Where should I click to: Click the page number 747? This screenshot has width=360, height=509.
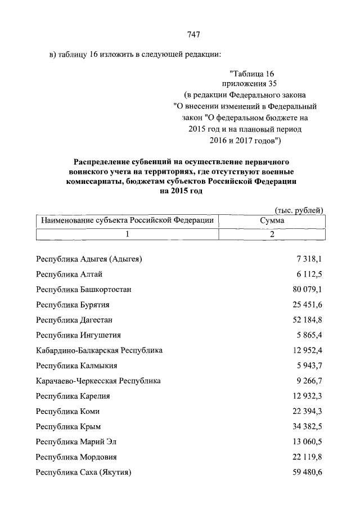click(x=193, y=35)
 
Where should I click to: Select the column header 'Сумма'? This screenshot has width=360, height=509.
click(x=272, y=221)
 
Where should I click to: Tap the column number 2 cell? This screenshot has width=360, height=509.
click(x=272, y=235)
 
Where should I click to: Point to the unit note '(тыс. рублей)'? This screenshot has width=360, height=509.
click(x=298, y=210)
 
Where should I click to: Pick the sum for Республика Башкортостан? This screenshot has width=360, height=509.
click(x=307, y=289)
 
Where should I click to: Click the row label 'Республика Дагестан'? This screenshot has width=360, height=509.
click(x=74, y=319)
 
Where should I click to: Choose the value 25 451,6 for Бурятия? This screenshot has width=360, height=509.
click(x=307, y=304)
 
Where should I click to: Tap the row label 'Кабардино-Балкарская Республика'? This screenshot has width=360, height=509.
click(x=99, y=350)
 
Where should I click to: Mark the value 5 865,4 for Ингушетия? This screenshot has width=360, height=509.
click(x=309, y=335)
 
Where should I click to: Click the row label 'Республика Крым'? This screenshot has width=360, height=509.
click(x=68, y=426)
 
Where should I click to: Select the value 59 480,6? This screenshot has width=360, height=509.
click(x=307, y=472)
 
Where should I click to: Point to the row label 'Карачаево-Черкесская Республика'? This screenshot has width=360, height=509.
click(x=98, y=381)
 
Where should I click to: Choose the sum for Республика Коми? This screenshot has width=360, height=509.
click(x=307, y=411)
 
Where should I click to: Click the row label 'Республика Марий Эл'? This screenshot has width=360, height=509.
click(x=76, y=442)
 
